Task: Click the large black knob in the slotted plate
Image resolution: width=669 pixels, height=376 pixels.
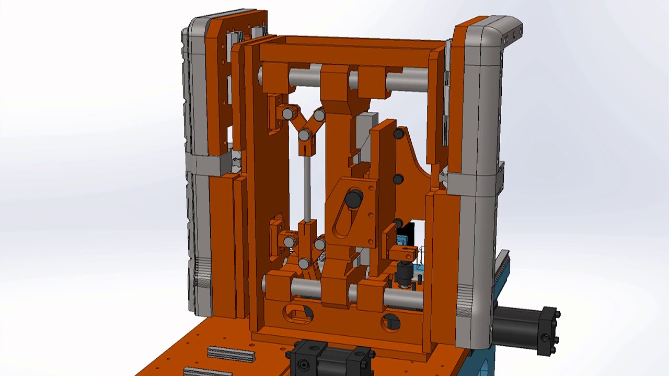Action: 354,199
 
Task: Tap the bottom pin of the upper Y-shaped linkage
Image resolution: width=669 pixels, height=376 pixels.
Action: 304,136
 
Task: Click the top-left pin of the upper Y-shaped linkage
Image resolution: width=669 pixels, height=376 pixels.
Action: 288,114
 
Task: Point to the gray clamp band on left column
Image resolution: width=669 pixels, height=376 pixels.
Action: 209,164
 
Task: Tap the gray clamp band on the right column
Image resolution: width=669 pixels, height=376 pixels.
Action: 473,183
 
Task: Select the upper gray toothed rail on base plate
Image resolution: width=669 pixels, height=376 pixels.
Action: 231,354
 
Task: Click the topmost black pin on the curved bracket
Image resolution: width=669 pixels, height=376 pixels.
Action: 398,134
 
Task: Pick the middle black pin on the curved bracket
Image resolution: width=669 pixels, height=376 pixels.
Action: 398,180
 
